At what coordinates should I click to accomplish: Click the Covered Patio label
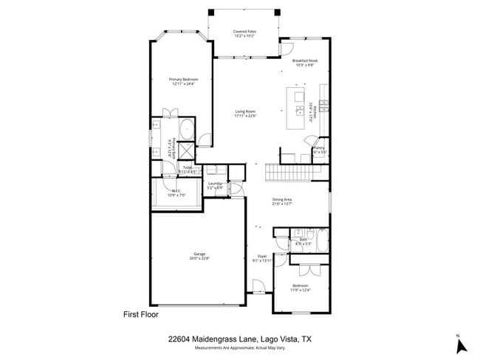244,32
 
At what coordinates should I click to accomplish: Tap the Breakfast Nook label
304,60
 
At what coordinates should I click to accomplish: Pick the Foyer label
263,256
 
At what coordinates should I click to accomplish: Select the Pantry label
319,148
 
